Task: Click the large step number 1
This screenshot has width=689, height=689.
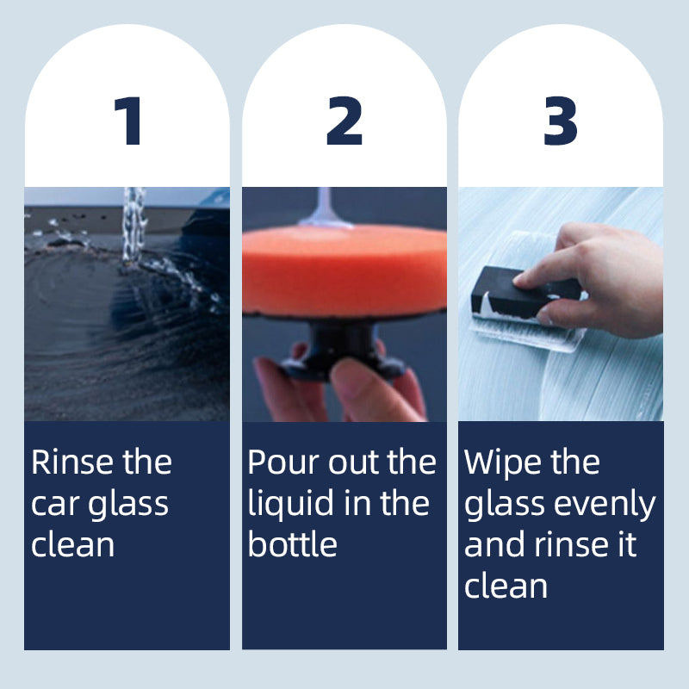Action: click(128, 121)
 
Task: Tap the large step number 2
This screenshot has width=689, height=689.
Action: click(344, 121)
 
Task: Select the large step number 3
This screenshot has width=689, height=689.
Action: click(561, 121)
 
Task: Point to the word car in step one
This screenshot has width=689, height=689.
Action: click(55, 505)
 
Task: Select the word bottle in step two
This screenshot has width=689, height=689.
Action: click(292, 544)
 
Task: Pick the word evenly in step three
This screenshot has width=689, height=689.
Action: click(605, 506)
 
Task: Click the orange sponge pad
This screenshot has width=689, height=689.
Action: click(344, 270)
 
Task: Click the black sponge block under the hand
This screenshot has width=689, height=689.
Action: click(523, 292)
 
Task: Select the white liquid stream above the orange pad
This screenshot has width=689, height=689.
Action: click(324, 207)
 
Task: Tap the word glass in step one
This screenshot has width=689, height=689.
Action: click(127, 506)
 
